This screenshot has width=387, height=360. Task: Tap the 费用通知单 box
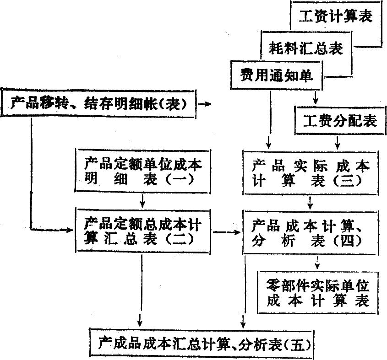(277, 75)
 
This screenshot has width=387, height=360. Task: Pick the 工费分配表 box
(340, 121)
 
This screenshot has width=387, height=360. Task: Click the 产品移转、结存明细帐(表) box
(99, 103)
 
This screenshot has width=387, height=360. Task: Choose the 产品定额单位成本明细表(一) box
(142, 171)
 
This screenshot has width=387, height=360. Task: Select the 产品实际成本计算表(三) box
(311, 172)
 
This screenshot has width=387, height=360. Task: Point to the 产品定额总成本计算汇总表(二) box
(142, 231)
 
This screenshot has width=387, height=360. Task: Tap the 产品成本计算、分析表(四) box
(311, 232)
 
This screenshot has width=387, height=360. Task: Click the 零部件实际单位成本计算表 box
(318, 292)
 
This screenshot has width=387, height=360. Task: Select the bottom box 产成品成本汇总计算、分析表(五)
(202, 343)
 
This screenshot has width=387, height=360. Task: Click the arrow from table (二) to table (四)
(227, 232)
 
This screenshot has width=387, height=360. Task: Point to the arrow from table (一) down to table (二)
(142, 201)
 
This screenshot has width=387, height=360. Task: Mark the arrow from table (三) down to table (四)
(310, 203)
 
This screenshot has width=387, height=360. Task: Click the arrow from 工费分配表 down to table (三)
(338, 143)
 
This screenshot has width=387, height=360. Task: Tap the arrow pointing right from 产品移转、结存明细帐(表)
(205, 104)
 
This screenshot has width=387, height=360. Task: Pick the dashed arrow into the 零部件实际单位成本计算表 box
(317, 263)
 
